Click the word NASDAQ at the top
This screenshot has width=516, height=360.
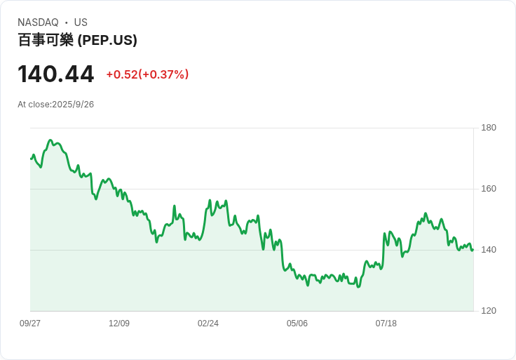[38, 22]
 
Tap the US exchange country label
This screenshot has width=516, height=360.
[81, 22]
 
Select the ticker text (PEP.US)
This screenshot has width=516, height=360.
[107, 40]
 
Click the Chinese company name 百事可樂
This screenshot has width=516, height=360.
[46, 40]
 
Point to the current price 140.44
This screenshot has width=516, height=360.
[56, 74]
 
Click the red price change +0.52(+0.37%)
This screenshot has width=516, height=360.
[147, 74]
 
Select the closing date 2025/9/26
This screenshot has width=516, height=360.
[73, 105]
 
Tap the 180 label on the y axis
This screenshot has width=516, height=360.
[489, 128]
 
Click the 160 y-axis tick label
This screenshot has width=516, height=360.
[489, 189]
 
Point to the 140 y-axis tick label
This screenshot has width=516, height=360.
[489, 250]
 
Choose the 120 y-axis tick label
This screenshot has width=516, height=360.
[489, 311]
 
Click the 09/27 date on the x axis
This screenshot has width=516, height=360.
[30, 324]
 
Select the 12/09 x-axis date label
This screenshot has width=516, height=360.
[119, 324]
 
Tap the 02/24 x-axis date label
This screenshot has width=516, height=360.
[208, 324]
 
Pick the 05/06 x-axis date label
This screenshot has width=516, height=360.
[297, 324]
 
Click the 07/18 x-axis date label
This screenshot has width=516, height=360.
[386, 324]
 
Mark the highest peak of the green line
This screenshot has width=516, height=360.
[50, 140]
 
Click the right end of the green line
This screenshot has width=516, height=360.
[473, 250]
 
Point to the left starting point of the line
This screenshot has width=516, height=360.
[31, 159]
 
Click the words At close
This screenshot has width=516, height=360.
[34, 105]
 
